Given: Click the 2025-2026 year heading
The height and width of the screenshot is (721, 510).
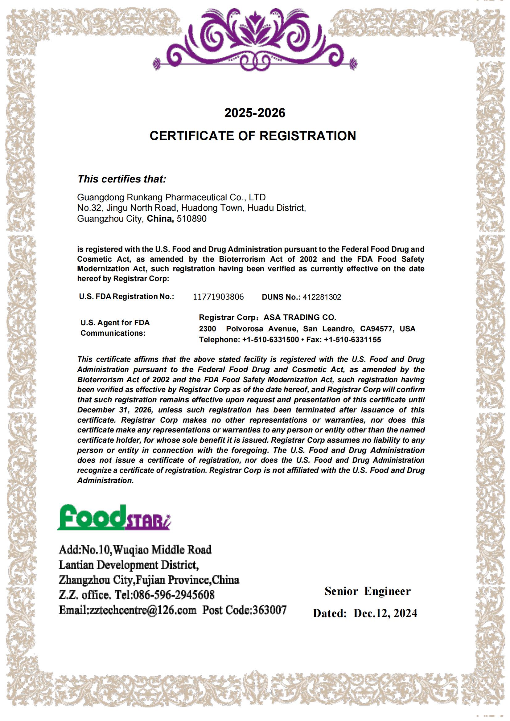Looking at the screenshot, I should [255, 113].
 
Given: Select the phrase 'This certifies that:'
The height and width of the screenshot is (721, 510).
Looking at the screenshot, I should [122, 179].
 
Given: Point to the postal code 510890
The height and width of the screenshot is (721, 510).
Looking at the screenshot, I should [191, 219].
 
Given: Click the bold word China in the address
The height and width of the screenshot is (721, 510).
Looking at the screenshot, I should [160, 219].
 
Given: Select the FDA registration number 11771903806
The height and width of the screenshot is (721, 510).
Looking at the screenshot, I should [218, 297].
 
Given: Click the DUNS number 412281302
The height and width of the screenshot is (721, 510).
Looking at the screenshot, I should [322, 297].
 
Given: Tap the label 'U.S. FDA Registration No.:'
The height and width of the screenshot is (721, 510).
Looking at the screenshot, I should [126, 297].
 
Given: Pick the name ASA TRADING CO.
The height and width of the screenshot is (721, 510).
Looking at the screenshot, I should [300, 317].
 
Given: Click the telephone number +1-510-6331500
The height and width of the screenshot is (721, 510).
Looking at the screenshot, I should [270, 339].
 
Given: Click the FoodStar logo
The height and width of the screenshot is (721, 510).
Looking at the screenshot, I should [114, 518].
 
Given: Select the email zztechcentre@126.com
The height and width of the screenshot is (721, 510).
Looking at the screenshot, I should [143, 610].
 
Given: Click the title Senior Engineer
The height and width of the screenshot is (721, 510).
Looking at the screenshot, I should [368, 591].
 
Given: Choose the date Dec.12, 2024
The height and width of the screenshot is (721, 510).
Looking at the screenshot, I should [385, 613].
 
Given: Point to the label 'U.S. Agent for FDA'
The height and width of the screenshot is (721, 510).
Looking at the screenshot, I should [115, 322].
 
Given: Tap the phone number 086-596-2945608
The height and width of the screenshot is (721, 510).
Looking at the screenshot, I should [174, 595].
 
